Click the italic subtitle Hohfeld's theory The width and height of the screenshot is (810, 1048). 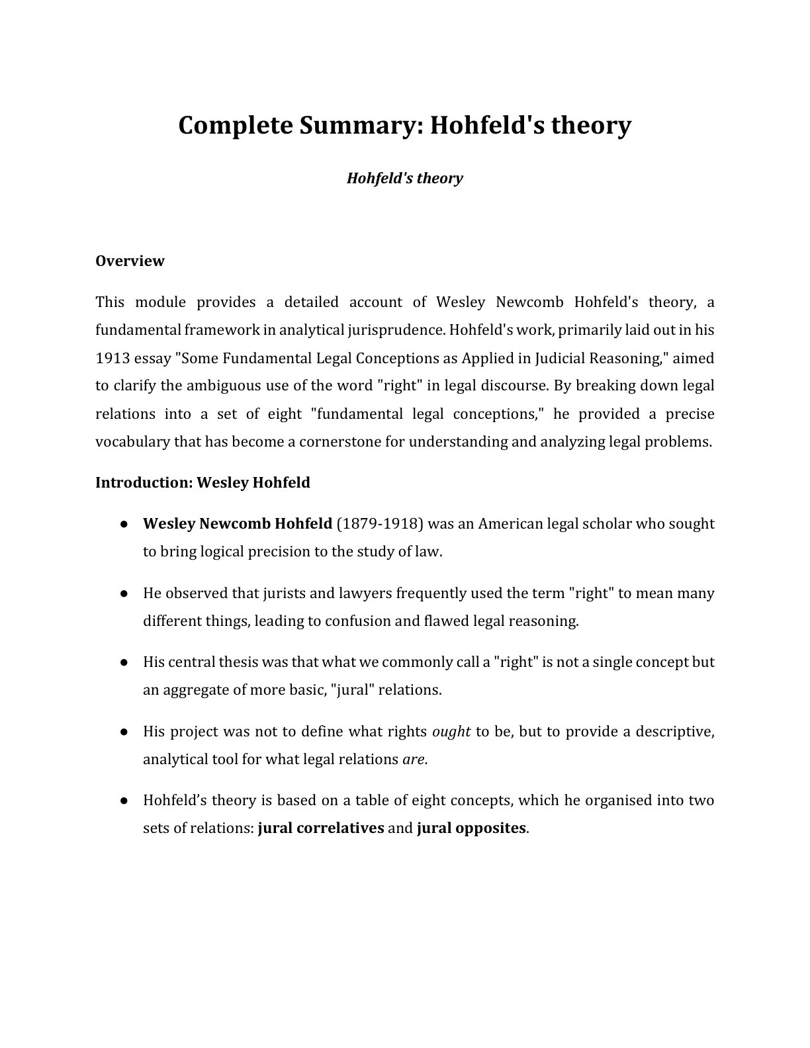tap(404, 178)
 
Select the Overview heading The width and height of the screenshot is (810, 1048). tap(130, 261)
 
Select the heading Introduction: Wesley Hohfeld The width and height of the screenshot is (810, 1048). tap(202, 482)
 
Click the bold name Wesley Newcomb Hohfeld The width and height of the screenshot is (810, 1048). tap(237, 523)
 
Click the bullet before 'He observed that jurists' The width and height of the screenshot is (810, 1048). tap(124, 593)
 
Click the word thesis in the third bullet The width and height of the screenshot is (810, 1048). tap(239, 662)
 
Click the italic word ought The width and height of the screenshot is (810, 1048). tap(451, 731)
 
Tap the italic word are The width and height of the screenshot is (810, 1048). tap(413, 759)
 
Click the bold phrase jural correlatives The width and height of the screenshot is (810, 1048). tap(321, 828)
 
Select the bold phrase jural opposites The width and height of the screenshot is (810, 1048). tap(471, 828)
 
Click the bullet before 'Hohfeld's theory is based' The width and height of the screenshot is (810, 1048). tap(124, 801)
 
